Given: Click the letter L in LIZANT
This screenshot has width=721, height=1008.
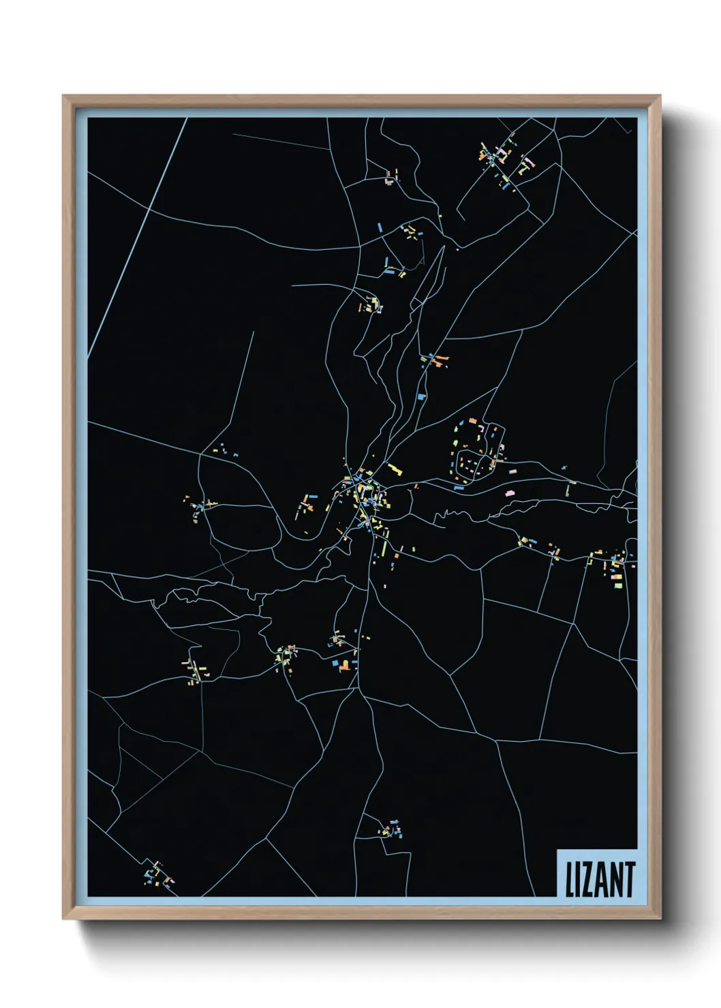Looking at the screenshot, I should click(x=570, y=880).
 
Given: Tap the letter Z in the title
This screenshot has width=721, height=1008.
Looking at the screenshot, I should click(x=588, y=880).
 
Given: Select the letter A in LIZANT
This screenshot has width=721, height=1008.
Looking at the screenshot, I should click(x=602, y=880).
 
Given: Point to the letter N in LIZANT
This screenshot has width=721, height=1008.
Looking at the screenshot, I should click(x=617, y=880).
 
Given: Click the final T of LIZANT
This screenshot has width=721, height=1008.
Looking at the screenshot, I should click(x=630, y=880).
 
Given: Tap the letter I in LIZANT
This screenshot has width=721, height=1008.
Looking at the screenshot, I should click(x=578, y=880).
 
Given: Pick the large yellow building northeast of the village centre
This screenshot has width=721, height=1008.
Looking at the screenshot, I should click(x=394, y=469).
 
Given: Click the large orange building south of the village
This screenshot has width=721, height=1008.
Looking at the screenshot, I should click(x=345, y=665).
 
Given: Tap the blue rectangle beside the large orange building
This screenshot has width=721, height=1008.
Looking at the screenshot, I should click(x=335, y=661).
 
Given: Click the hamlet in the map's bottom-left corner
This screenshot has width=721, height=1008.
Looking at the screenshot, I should click(x=156, y=874).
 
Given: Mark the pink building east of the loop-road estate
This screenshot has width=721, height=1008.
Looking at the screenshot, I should click(x=510, y=492).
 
